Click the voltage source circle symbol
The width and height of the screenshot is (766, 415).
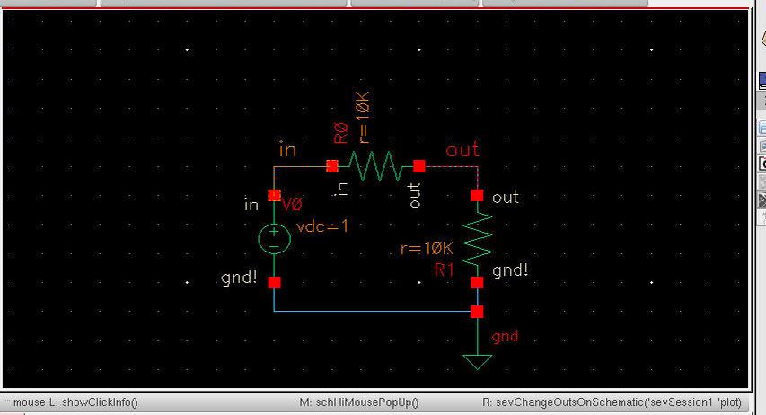pos(274,239)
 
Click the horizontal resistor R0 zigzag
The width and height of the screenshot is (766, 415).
pos(375,166)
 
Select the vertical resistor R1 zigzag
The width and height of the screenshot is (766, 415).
pos(477,240)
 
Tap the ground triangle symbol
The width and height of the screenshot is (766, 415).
pos(477,362)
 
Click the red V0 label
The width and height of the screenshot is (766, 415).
pos(292,204)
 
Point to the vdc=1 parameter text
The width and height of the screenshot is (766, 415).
pos(322,225)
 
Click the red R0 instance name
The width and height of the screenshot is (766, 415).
pos(341,133)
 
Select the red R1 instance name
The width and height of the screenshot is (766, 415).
pos(445,269)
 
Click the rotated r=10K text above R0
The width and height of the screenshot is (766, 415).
pos(364,118)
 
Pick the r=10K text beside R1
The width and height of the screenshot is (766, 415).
pos(427,248)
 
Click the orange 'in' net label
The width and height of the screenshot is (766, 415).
pos(287,150)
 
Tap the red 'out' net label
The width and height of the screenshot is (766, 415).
pos(462,150)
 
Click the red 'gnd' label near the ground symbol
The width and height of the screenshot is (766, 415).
pos(505,337)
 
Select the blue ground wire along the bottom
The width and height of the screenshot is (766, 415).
pos(375,311)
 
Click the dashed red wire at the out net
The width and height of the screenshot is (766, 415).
pos(448,167)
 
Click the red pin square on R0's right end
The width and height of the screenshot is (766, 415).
pos(418,166)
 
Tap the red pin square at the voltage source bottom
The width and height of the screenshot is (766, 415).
pos(274,283)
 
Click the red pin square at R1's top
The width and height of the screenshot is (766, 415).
pos(477,196)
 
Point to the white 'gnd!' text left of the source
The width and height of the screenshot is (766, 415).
pos(239,278)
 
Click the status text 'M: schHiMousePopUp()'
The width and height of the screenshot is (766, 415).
pos(359,402)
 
